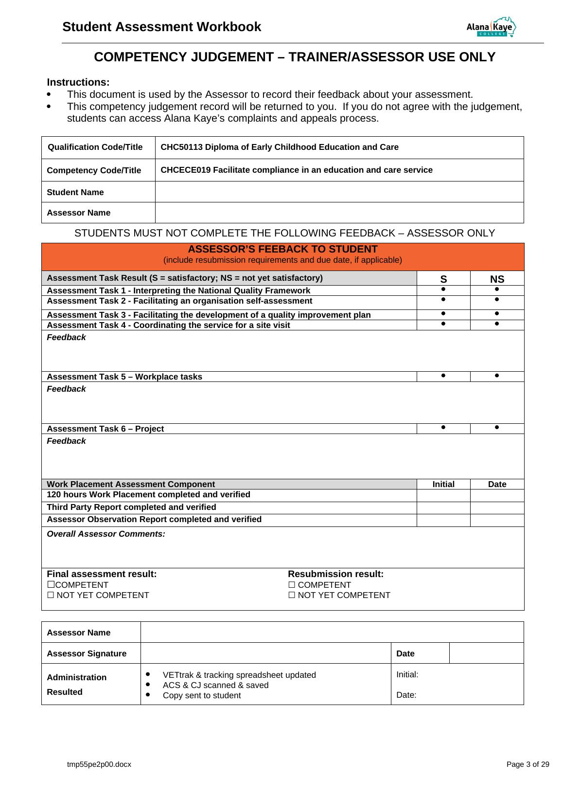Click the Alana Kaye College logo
(x=491, y=27)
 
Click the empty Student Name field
(x=339, y=192)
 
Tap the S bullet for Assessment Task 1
(x=443, y=290)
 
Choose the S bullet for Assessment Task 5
(x=443, y=376)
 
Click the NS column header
(x=497, y=279)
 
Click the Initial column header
(x=443, y=484)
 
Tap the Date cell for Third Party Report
(x=497, y=507)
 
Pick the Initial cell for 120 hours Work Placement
(x=443, y=495)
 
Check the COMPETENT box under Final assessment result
(x=50, y=585)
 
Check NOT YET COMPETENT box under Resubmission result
(x=292, y=595)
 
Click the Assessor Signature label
(x=87, y=653)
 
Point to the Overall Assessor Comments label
(x=106, y=534)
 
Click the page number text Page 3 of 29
(x=528, y=764)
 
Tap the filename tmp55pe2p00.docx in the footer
(x=99, y=764)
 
